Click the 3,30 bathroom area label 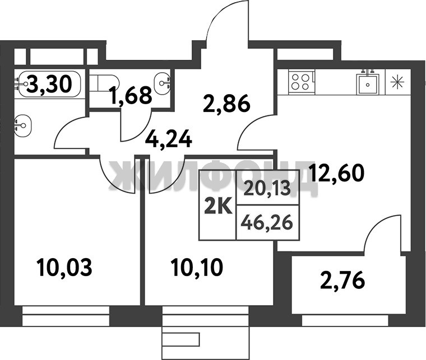pos(50,84)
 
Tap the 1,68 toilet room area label pos(131,95)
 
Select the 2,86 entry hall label pos(226,104)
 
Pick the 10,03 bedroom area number pos(65,268)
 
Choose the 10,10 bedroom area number pos(197,268)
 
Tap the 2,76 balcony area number pos(342,280)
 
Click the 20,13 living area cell pos(267,188)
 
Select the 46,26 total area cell pos(267,223)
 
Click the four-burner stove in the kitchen pos(300,82)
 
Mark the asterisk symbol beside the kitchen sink pos(397,82)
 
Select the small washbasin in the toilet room pos(162,83)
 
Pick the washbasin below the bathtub pos(23,125)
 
